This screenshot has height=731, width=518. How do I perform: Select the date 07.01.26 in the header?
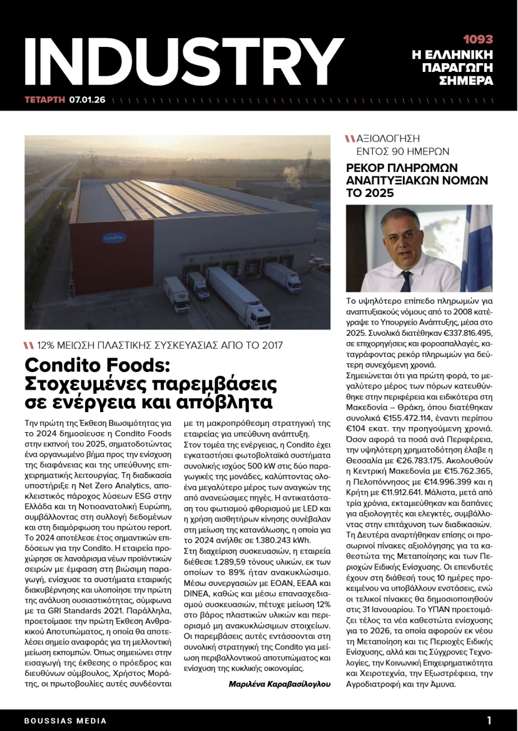pyautogui.click(x=88, y=99)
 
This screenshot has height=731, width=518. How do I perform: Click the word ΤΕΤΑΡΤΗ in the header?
pyautogui.click(x=44, y=99)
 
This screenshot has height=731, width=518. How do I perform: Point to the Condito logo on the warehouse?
pyautogui.click(x=113, y=238)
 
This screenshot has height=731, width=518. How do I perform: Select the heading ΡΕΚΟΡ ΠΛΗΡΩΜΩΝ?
pyautogui.click(x=402, y=168)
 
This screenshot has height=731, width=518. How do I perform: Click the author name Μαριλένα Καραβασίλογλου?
pyautogui.click(x=279, y=685)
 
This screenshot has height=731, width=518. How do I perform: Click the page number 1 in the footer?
pyautogui.click(x=489, y=720)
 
